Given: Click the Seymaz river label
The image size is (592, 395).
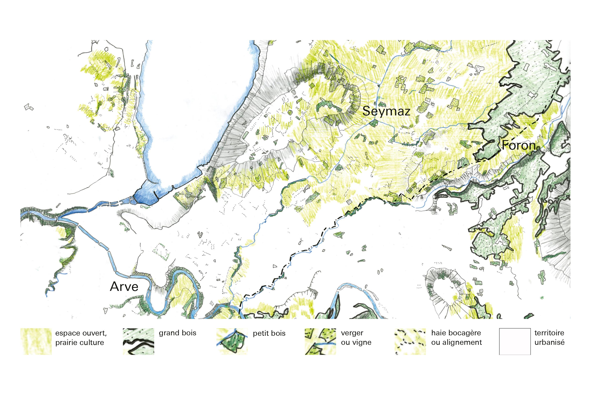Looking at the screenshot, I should point(386,111).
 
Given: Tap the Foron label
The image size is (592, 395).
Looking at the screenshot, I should point(518,145).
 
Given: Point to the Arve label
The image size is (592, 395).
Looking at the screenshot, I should point(124,286).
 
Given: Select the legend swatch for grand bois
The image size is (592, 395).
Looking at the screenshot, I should point(138,341).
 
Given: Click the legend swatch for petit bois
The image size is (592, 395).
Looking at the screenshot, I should point(232,341).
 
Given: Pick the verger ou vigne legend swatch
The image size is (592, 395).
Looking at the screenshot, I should point(320,341).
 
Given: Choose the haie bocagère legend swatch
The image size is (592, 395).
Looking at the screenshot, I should point(410,341).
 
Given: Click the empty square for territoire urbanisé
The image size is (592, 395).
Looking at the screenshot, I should point(515,341).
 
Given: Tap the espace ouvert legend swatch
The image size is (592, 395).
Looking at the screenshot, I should point(36,341).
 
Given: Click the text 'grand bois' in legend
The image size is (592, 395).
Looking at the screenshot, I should point(177,333).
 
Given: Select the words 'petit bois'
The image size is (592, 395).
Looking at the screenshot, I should point(269,333).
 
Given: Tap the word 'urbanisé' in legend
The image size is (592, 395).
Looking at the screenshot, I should point(549,342).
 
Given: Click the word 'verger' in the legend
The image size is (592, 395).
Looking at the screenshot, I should point(352,333).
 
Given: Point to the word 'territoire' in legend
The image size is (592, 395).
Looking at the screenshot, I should point(549,333).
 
